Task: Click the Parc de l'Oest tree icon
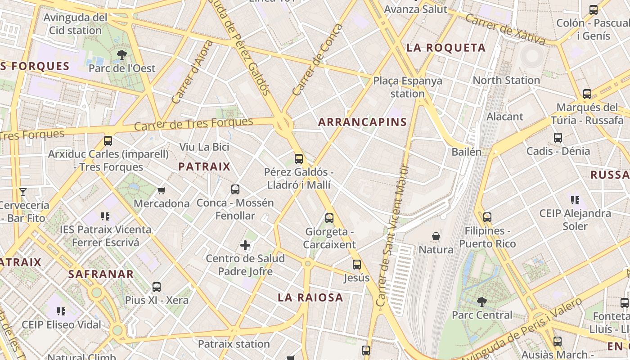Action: tap(121, 55)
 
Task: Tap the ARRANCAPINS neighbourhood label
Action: tap(362, 122)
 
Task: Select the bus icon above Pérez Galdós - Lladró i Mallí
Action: tap(298, 158)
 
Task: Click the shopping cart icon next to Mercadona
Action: tap(162, 191)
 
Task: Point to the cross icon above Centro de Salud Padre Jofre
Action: tap(245, 245)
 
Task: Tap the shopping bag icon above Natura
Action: tap(436, 236)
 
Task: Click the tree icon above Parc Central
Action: tap(481, 301)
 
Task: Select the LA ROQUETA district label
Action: tap(446, 48)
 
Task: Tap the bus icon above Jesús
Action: tap(357, 265)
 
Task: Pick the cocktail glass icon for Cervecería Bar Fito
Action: tap(23, 192)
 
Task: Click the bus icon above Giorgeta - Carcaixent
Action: tap(329, 218)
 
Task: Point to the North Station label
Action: tap(506, 80)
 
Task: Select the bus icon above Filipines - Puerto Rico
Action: tap(487, 217)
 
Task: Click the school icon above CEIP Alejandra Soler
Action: tap(575, 200)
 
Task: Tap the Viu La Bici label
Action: tap(204, 147)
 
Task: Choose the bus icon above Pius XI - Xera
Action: tap(156, 287)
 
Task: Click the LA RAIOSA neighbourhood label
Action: tap(310, 297)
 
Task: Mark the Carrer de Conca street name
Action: tap(317, 60)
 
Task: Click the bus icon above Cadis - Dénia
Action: tap(558, 138)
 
